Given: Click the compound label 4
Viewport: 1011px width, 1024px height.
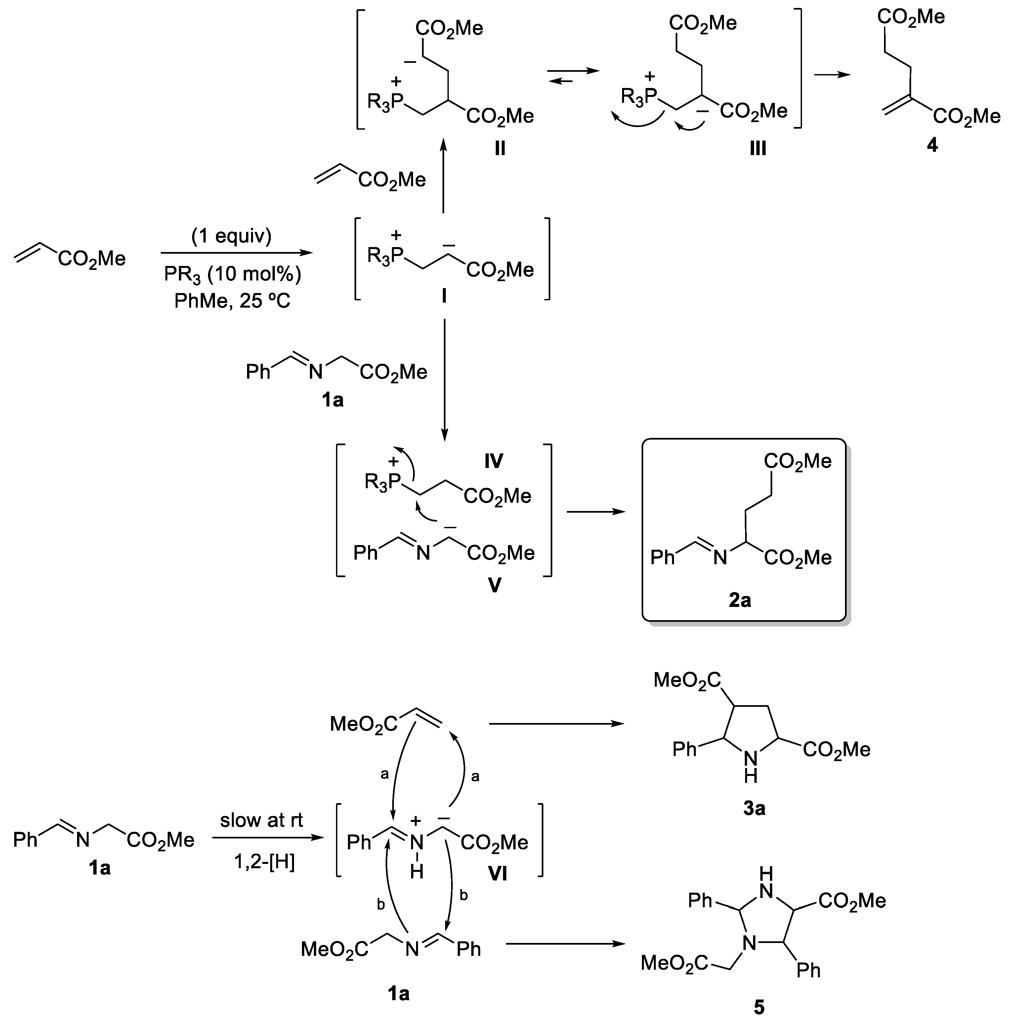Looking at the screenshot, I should tap(932, 145).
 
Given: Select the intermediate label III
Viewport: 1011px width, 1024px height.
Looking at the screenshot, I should tap(758, 149).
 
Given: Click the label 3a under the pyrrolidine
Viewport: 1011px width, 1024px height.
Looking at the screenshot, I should tap(754, 808).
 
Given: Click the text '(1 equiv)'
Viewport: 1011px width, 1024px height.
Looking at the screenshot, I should tap(232, 236).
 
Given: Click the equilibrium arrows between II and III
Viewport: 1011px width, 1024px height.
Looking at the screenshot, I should tap(573, 76).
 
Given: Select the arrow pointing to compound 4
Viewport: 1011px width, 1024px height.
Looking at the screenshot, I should tap(832, 75).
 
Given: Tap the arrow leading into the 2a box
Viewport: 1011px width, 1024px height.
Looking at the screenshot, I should tap(596, 511).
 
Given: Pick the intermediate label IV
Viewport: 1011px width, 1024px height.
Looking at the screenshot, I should tap(493, 461).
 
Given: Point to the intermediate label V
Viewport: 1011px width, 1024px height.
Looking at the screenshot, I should tap(494, 585).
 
